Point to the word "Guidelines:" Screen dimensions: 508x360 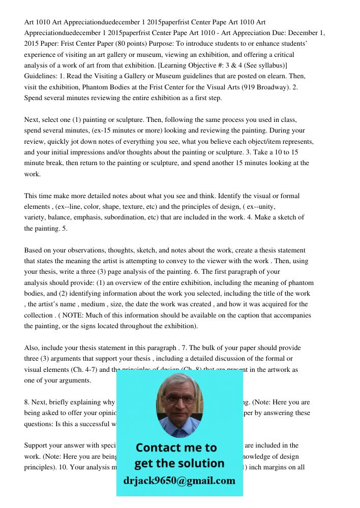tap(42, 76)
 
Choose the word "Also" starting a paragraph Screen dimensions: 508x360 tap(32, 348)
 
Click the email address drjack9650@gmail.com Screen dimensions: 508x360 tap(179, 481)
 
